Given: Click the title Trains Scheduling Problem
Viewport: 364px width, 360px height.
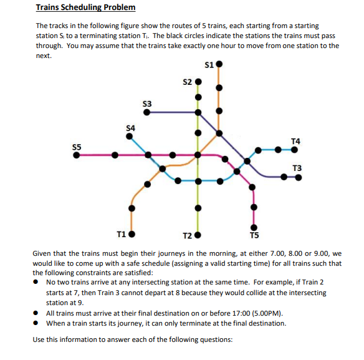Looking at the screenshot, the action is click(x=85, y=8).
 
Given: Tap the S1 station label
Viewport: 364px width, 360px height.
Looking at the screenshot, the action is click(x=209, y=64).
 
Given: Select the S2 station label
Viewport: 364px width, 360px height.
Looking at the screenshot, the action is click(x=188, y=81).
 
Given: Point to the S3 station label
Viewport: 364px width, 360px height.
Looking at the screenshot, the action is click(x=147, y=103).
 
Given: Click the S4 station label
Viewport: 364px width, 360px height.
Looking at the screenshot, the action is click(x=130, y=128).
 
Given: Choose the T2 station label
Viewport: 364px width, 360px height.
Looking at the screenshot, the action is click(x=188, y=236).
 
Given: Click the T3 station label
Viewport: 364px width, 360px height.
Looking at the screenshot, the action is click(x=297, y=168).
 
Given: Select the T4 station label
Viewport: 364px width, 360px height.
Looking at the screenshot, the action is click(x=295, y=141).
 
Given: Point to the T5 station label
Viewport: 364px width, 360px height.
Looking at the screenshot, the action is click(x=253, y=236).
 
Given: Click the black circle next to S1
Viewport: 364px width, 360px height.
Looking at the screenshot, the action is click(x=219, y=64).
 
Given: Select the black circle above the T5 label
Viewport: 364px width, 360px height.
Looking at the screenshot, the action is click(x=253, y=228).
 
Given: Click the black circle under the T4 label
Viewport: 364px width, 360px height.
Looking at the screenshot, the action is click(x=295, y=149).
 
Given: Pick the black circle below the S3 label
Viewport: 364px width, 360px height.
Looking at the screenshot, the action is click(x=147, y=112).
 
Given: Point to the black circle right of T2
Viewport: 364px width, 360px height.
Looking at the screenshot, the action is click(x=198, y=236).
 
